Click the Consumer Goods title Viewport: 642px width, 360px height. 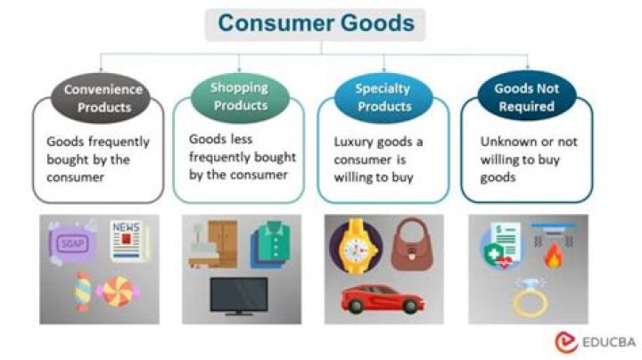316,24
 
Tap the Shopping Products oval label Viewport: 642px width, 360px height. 239,97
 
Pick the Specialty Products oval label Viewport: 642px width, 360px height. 383,97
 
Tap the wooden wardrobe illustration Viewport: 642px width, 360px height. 213,243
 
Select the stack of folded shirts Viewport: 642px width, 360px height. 270,245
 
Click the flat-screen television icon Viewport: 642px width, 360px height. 238,296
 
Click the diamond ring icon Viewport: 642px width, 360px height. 529,297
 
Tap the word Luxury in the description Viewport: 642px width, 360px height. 353,142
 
